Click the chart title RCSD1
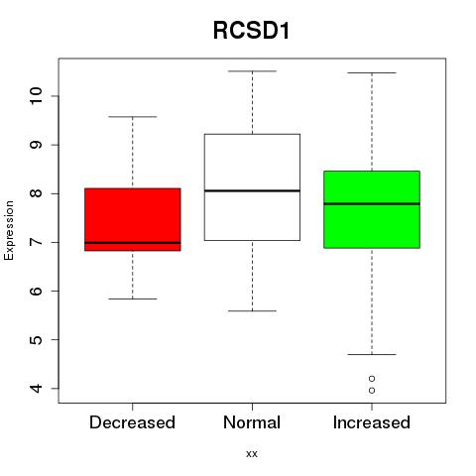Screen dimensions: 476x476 coord(251,31)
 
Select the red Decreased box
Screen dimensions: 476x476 coord(133,219)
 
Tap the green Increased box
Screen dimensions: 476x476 coord(372,209)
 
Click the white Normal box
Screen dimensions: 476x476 coord(252,187)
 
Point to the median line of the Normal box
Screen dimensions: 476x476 coord(252,190)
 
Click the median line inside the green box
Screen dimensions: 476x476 coord(372,204)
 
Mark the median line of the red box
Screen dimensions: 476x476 coord(133,243)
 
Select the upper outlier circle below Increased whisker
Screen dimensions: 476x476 coord(372,378)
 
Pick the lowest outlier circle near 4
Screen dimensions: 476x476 coord(372,391)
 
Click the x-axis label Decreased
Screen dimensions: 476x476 coord(132,422)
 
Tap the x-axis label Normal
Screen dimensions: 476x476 coord(252,422)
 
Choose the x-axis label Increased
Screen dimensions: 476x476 coord(372,422)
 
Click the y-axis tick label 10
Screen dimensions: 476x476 coord(36,96)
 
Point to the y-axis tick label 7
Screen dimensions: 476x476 coord(36,242)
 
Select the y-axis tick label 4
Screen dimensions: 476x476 coord(36,388)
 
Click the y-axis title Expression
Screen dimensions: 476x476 coord(9,230)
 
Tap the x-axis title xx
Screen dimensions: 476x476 coord(252,454)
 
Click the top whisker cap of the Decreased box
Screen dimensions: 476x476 coord(133,117)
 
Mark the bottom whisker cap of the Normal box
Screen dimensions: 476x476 coord(252,310)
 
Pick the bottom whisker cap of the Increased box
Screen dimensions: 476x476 coord(372,354)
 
